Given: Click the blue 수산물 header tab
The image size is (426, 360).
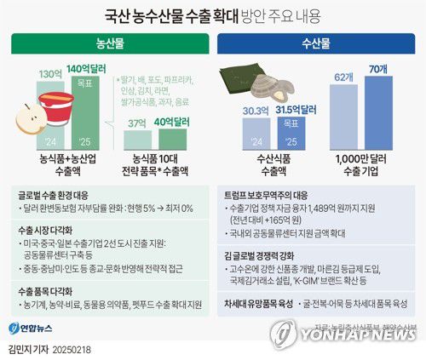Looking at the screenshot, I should coord(319,41).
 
